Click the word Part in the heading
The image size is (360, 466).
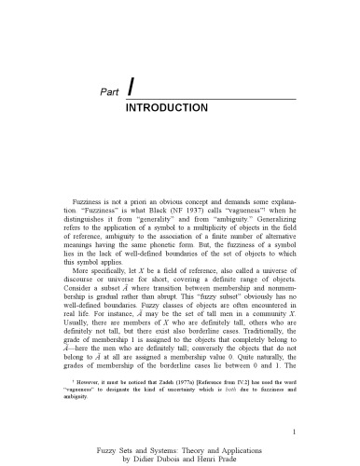tap(108, 90)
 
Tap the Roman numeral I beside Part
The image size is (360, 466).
tap(131, 87)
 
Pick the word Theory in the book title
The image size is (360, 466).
tap(184, 447)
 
